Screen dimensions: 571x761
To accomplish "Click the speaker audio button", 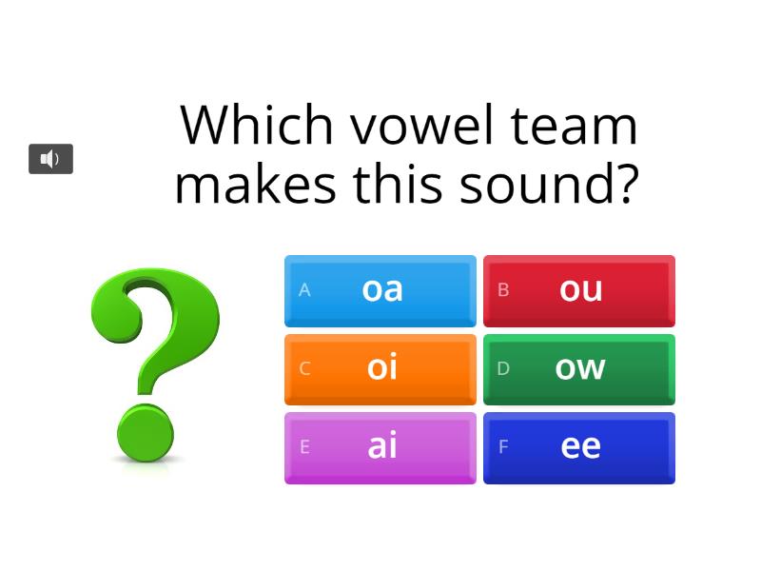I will (x=50, y=159).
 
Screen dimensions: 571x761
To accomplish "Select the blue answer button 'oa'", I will (x=380, y=290).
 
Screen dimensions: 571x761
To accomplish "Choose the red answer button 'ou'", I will (x=579, y=290).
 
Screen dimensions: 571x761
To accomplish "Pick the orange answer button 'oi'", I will (x=380, y=369).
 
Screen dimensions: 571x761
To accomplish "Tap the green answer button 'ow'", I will (x=579, y=369).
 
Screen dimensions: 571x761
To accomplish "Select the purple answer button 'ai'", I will (x=380, y=447).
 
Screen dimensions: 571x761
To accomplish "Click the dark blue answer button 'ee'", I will (x=579, y=447).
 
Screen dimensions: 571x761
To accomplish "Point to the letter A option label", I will (x=304, y=290).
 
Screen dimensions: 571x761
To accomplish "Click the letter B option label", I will (x=503, y=290).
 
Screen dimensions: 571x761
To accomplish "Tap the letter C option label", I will (x=304, y=369).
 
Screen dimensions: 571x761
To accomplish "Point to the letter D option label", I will (x=503, y=369).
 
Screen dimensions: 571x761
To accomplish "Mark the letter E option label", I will (x=304, y=447).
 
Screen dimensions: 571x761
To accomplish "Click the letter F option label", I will (x=503, y=447).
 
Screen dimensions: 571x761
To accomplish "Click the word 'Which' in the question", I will (x=257, y=125).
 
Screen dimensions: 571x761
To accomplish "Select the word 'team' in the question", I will (x=573, y=125).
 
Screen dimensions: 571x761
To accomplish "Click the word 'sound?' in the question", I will (x=549, y=184).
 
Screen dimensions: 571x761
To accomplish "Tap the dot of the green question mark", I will (x=146, y=433).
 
